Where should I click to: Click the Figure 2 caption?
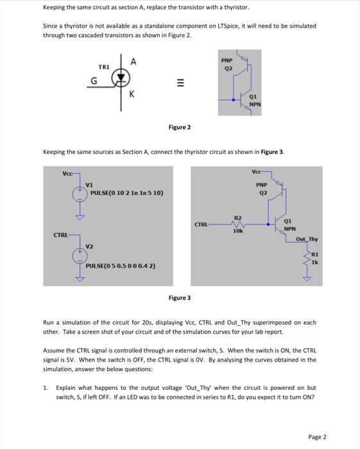pyautogui.click(x=180, y=128)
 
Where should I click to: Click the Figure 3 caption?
pyautogui.click(x=180, y=298)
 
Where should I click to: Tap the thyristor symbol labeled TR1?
pyautogui.click(x=119, y=78)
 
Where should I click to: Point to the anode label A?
pyautogui.click(x=132, y=62)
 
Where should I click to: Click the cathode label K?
pyautogui.click(x=132, y=95)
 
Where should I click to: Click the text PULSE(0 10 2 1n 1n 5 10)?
pyautogui.click(x=126, y=192)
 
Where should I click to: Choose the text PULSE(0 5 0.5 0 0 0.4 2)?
pyautogui.click(x=121, y=266)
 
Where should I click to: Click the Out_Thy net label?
pyautogui.click(x=306, y=239)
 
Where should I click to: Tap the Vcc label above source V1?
pyautogui.click(x=68, y=173)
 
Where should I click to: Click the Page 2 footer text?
pyautogui.click(x=317, y=437)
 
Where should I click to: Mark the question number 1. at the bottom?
pyautogui.click(x=46, y=388)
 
